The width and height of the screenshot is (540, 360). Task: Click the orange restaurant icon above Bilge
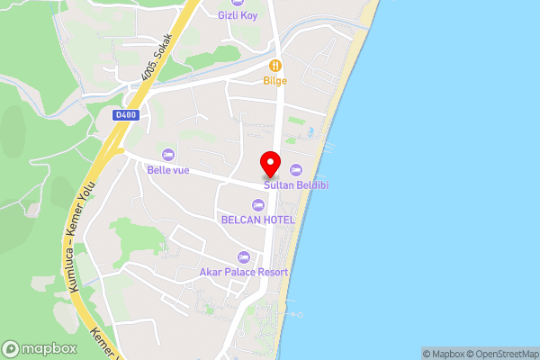point(275,66)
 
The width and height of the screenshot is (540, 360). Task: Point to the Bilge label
point(275,81)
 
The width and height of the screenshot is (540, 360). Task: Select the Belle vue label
point(168,170)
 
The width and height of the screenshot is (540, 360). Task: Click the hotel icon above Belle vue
point(168,155)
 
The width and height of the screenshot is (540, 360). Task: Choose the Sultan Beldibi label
point(295,184)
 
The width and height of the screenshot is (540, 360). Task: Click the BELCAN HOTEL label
point(257,219)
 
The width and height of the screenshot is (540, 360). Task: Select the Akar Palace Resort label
point(244,272)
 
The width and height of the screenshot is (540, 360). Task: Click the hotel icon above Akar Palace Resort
point(244,257)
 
